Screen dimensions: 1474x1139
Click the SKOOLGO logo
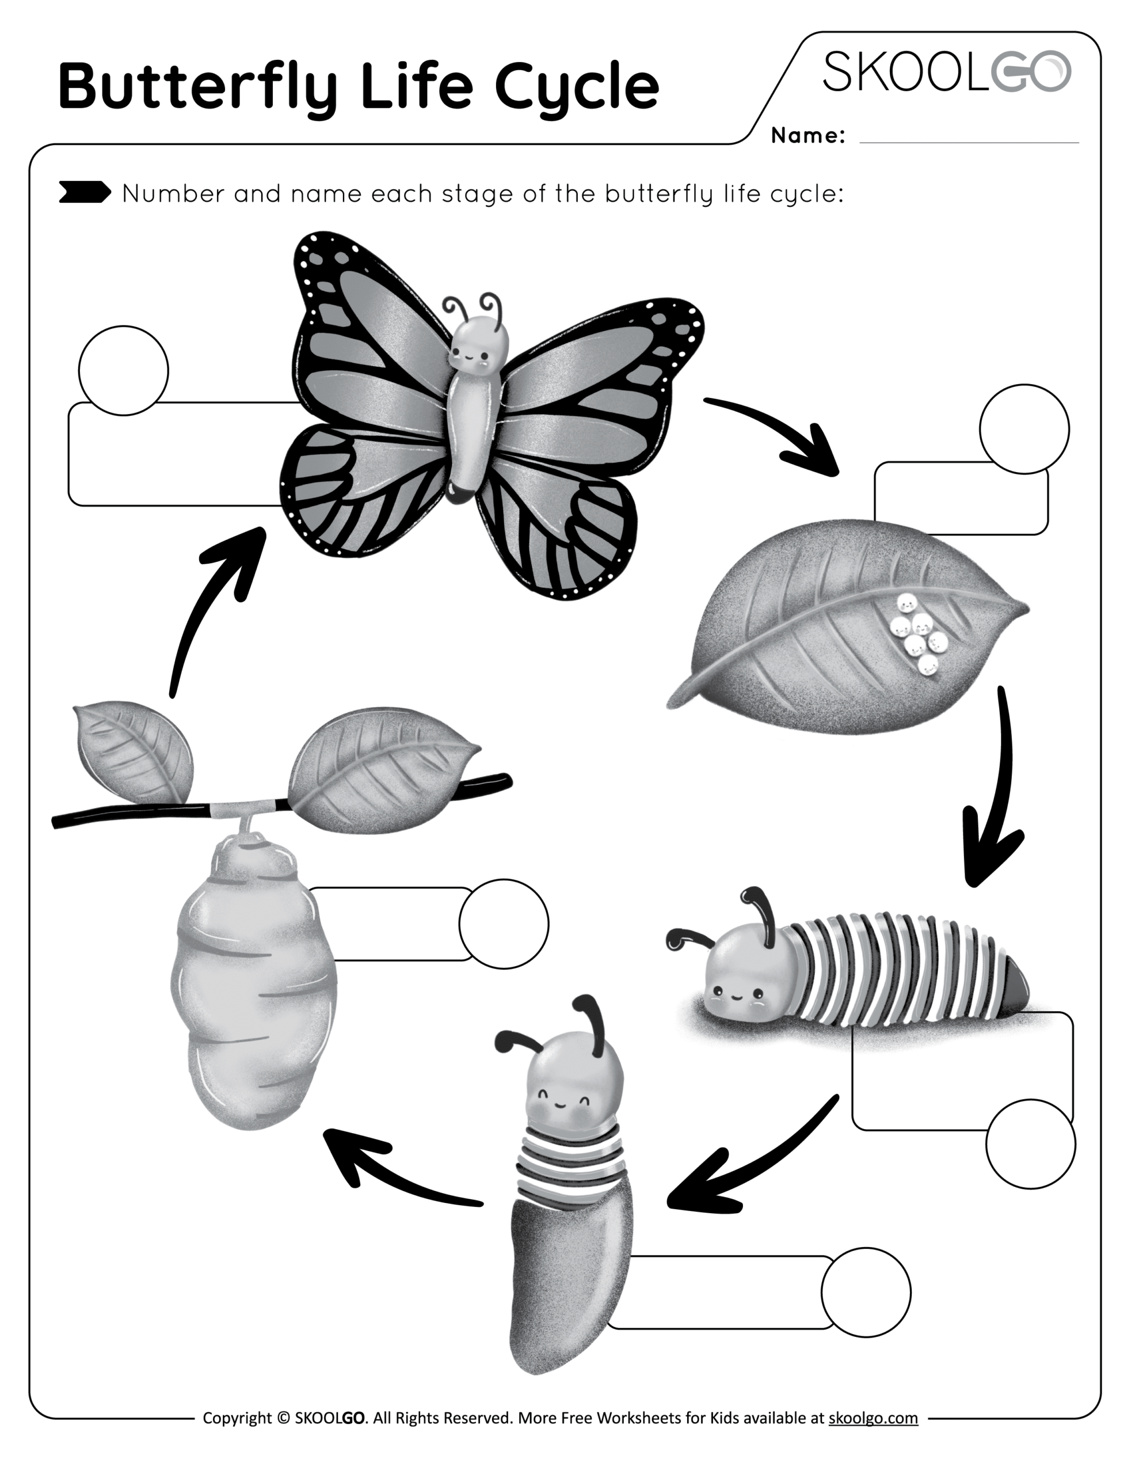(x=946, y=71)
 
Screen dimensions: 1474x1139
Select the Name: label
(x=807, y=136)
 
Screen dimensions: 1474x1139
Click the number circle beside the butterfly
(x=124, y=371)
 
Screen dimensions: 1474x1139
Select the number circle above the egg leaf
(x=1024, y=429)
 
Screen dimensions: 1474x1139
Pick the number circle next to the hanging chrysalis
(x=504, y=924)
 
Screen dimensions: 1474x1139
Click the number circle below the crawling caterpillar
(x=1030, y=1144)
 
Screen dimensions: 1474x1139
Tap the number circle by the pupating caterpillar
(x=866, y=1292)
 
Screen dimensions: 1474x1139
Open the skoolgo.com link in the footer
(x=873, y=1418)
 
